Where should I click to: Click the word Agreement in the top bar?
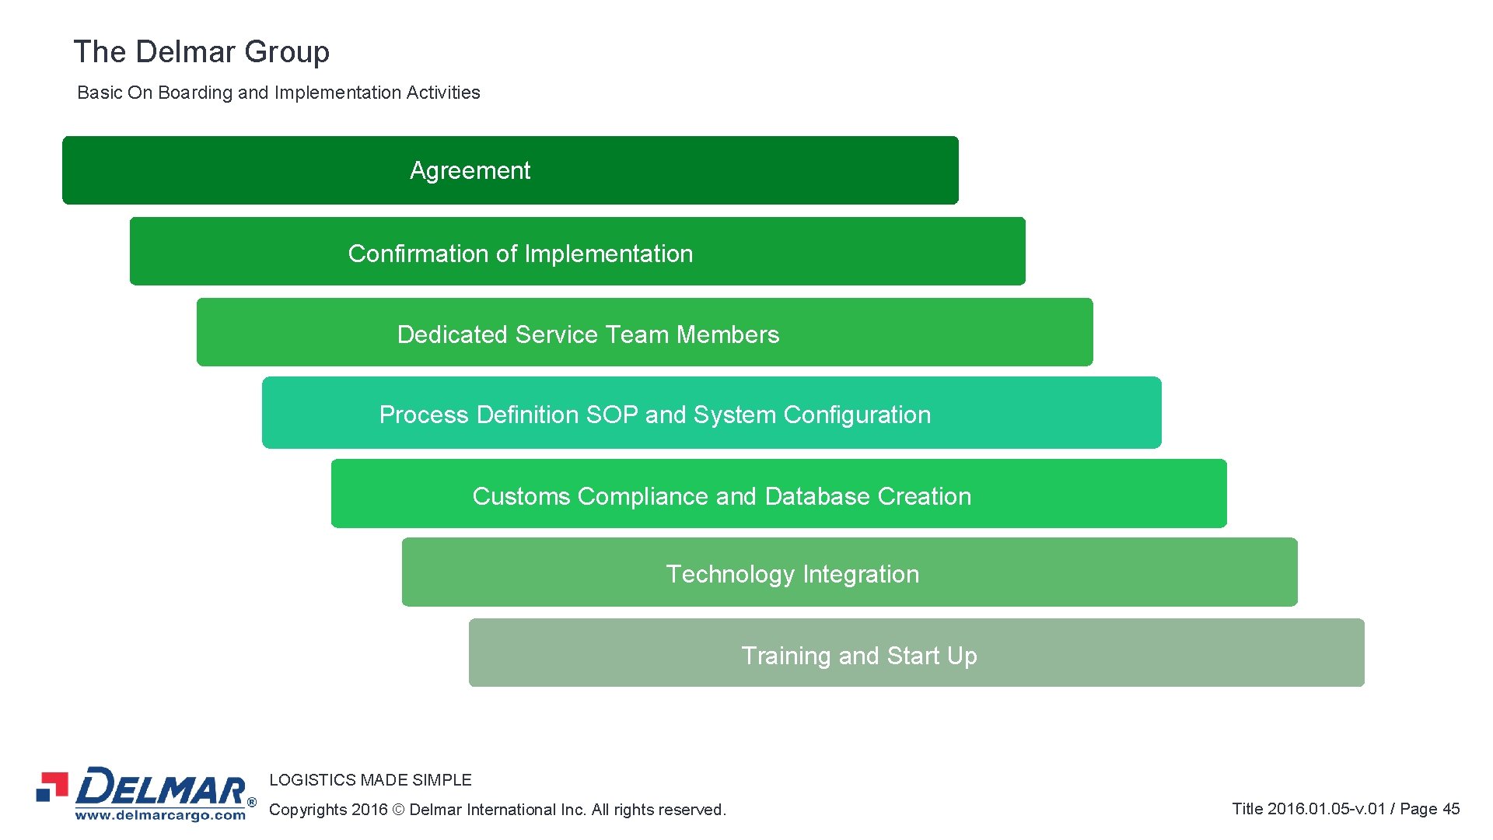(x=470, y=171)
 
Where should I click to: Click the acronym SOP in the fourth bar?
(x=612, y=415)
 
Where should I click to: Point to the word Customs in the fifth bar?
(x=521, y=496)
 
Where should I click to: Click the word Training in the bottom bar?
(x=786, y=656)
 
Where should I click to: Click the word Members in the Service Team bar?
(x=728, y=334)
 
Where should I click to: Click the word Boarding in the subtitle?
(x=195, y=93)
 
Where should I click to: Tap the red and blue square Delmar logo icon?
(x=52, y=786)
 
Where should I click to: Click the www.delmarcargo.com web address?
(x=160, y=815)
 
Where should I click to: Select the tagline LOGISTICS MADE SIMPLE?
(x=370, y=780)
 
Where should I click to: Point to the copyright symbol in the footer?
(x=398, y=810)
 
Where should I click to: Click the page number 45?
(x=1451, y=809)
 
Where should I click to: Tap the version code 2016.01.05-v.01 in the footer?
(x=1327, y=809)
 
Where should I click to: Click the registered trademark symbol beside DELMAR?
(x=251, y=802)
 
